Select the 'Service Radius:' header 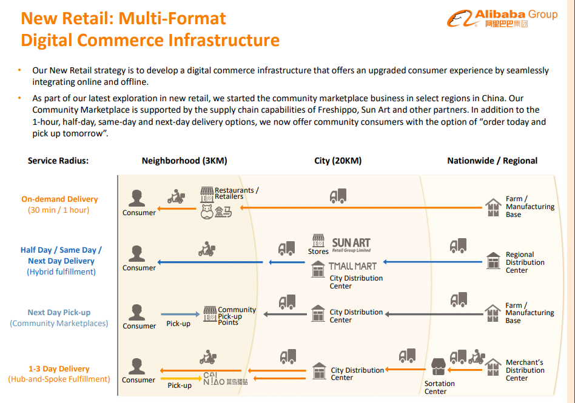click(x=58, y=161)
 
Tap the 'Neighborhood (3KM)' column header click(x=184, y=161)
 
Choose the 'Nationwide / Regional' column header click(x=492, y=161)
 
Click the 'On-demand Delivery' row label click(x=59, y=199)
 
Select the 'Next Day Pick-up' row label click(x=59, y=313)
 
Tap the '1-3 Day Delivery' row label click(x=59, y=368)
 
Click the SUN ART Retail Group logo click(x=351, y=244)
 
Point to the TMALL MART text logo click(x=352, y=266)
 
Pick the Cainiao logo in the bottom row click(x=225, y=378)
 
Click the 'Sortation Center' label click(x=439, y=387)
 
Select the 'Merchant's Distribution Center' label click(x=525, y=370)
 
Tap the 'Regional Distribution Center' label click(x=525, y=262)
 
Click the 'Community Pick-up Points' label click(x=237, y=316)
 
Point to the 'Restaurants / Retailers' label click(x=237, y=193)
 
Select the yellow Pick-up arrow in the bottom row click(x=180, y=378)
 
